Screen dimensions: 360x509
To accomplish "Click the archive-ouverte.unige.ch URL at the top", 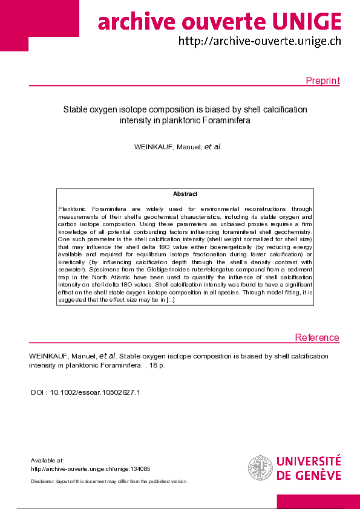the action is [260, 41].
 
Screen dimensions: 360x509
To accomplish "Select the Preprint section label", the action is [322, 81].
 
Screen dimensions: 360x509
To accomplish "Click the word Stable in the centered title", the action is [76, 109].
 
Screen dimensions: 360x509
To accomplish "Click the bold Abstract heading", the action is [185, 194].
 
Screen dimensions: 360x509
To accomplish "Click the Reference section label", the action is [317, 338].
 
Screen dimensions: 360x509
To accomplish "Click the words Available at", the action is [47, 460].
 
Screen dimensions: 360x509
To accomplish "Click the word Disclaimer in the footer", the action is [43, 481].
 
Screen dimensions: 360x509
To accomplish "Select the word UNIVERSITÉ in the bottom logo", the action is [309, 462].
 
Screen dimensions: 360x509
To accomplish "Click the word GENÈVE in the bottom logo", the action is [317, 475].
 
